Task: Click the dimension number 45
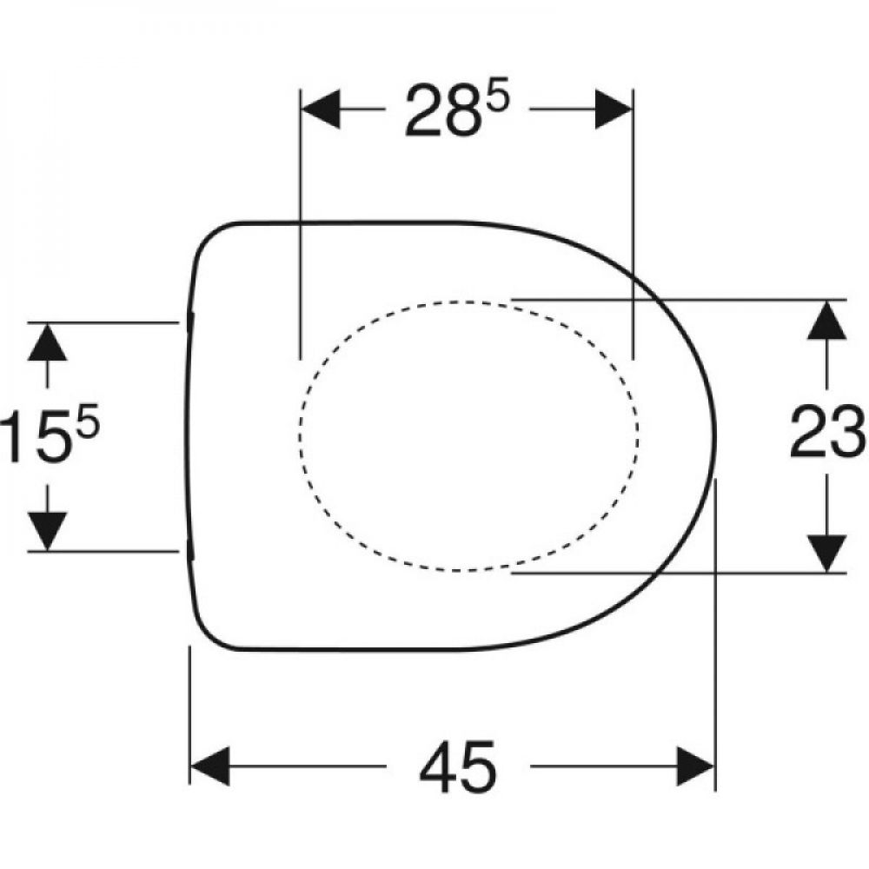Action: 458,766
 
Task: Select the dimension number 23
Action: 828,432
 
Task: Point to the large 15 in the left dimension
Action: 36,434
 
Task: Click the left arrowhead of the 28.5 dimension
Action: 321,109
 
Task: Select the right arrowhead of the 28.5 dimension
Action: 614,109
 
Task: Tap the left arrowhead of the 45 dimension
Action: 210,766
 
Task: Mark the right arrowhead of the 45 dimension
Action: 695,766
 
